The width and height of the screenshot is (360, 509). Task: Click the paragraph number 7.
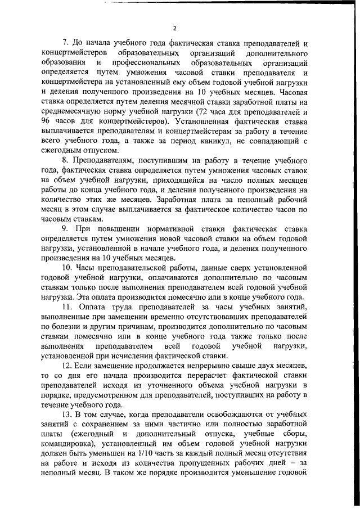[x=64, y=43]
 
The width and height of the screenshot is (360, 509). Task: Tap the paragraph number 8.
[x=64, y=160]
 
